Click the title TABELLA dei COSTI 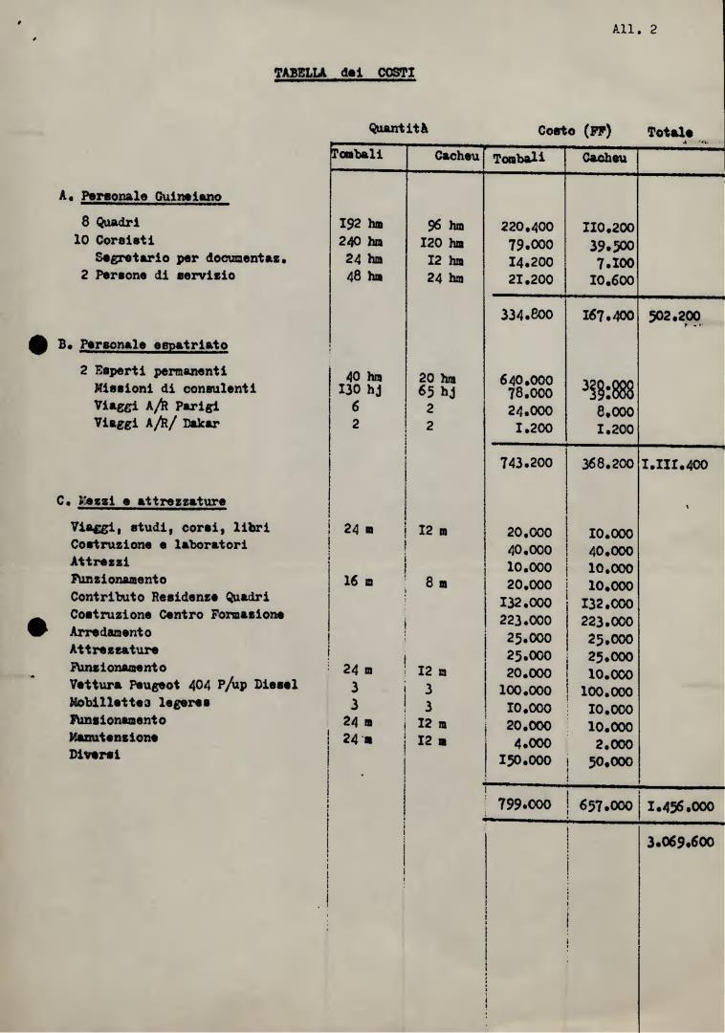pos(344,73)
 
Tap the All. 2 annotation pos(634,29)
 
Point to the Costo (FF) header pos(574,131)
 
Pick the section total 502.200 pos(673,317)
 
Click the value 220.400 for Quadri pos(527,228)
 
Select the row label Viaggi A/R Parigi pos(162,406)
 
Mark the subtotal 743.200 pos(527,463)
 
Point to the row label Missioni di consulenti pos(175,388)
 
